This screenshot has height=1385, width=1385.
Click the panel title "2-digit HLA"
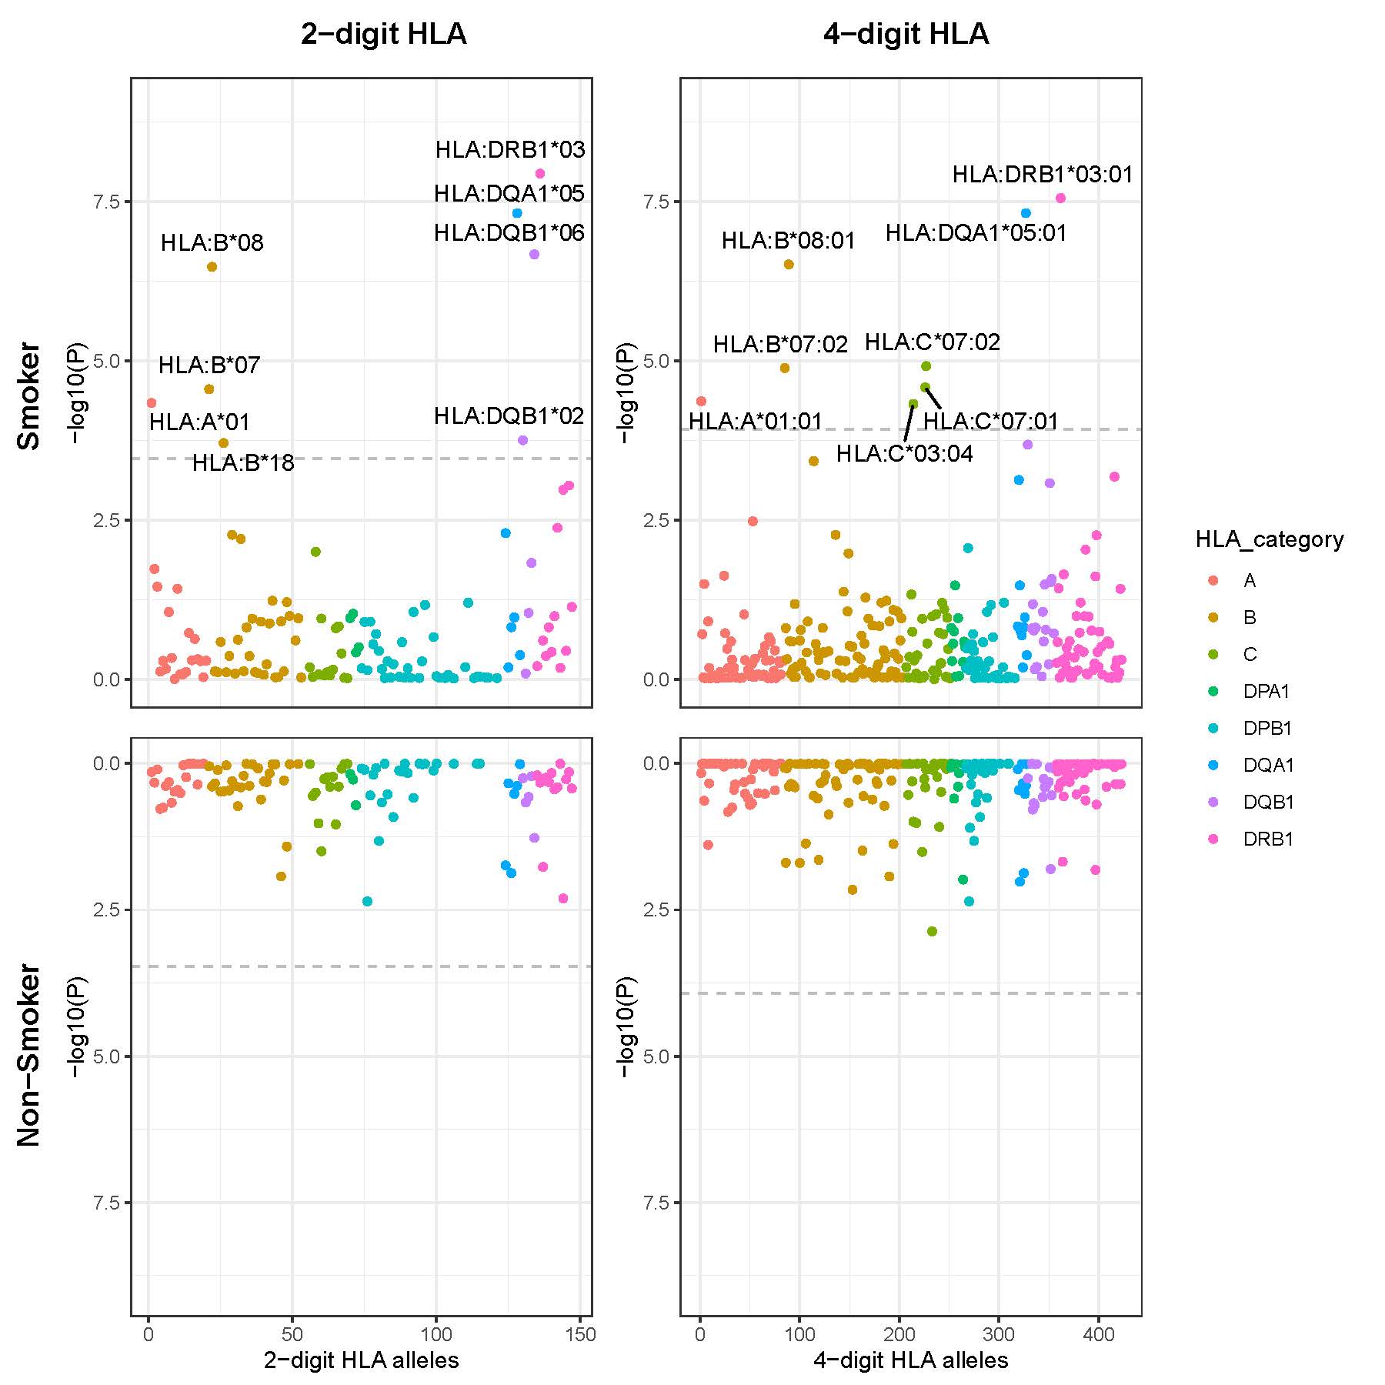(x=383, y=35)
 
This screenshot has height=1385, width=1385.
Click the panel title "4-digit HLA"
(x=906, y=35)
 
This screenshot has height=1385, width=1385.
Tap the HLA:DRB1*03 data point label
(x=510, y=149)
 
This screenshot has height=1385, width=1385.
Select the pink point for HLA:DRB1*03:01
(x=1060, y=198)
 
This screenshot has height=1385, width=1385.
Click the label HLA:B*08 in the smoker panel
(x=212, y=243)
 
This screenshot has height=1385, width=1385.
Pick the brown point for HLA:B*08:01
(x=789, y=265)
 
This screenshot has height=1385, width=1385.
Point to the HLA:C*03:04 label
(x=904, y=454)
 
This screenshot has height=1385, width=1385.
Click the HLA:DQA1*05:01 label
(x=976, y=232)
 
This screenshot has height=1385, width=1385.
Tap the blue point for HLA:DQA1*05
(x=517, y=213)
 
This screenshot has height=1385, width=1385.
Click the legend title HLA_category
(x=1269, y=539)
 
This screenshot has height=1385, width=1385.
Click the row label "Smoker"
(x=29, y=395)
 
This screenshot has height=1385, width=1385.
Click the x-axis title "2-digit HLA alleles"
(x=361, y=1360)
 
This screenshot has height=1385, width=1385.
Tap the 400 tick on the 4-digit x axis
(x=1098, y=1333)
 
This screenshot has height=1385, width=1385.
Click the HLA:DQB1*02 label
(x=509, y=416)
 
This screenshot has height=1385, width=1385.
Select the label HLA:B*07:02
(x=780, y=345)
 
